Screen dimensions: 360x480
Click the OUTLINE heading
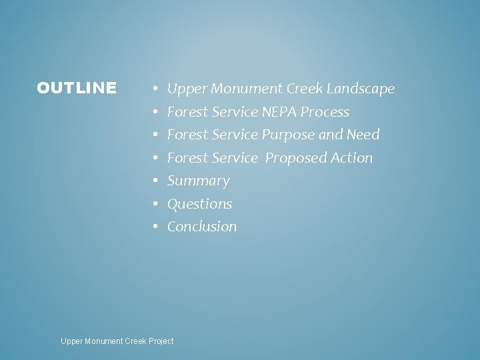point(77,88)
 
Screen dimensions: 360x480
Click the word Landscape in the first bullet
point(361,89)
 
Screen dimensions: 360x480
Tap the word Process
point(325,112)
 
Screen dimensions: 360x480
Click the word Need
point(363,135)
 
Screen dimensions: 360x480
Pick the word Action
point(352,158)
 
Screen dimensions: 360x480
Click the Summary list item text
point(198,181)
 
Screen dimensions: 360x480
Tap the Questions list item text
point(199,204)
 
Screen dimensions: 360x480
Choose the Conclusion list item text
point(201,227)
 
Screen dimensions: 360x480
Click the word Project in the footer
point(161,341)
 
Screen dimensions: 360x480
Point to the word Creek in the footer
point(133,341)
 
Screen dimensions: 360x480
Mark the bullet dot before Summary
point(154,181)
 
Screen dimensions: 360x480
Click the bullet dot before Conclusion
point(154,227)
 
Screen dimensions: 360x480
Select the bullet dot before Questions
point(154,204)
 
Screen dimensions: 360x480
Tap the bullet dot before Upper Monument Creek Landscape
point(154,89)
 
